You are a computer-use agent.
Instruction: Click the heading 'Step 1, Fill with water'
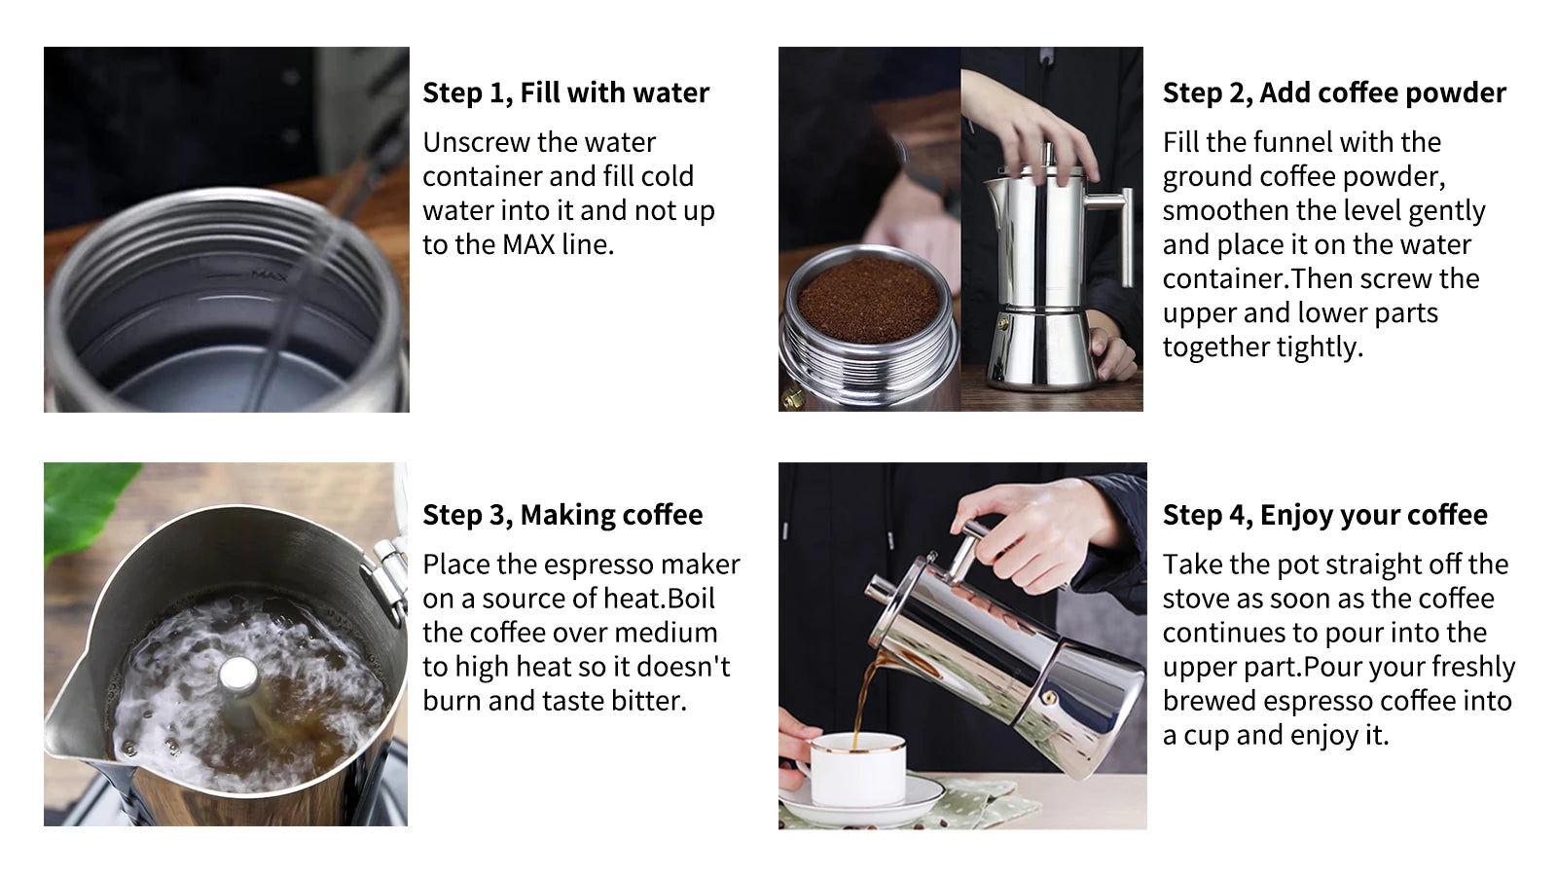coord(565,93)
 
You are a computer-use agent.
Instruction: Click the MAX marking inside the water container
coord(270,275)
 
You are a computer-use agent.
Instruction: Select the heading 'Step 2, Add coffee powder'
coord(1333,93)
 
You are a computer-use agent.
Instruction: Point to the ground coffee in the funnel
coord(868,300)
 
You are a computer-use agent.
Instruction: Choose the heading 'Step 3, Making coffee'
coord(561,515)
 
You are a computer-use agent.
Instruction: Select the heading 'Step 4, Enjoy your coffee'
coord(1324,515)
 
